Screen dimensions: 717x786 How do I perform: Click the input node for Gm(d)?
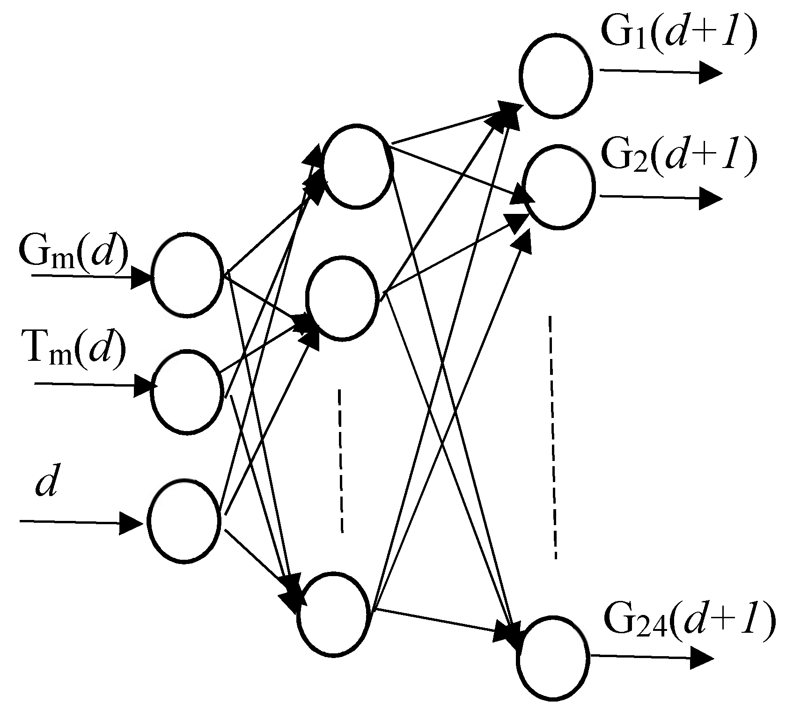coord(186,274)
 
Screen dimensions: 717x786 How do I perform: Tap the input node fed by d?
coord(184,519)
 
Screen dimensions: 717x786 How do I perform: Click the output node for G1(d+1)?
coord(556,74)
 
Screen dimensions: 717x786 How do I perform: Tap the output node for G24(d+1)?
coord(552,657)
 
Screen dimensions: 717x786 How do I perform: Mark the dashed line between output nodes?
coord(553,438)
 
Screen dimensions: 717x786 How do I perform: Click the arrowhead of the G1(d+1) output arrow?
coord(710,73)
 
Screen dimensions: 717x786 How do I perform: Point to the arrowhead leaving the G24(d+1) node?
coord(701,658)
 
